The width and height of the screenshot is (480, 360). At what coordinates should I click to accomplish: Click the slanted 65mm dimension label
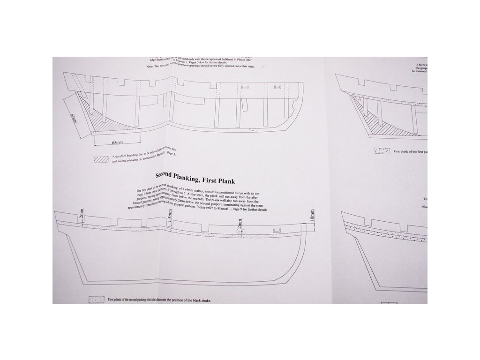pos(74,118)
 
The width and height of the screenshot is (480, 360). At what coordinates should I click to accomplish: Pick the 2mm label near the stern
pos(81,216)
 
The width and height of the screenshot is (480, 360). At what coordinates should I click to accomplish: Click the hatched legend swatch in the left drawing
pos(102,159)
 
